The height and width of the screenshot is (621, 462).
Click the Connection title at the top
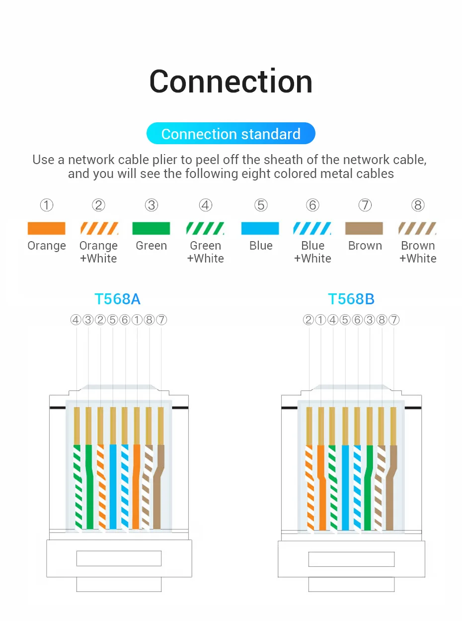coord(231,82)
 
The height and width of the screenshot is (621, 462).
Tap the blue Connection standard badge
coord(231,134)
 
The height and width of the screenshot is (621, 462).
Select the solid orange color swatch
coord(46,228)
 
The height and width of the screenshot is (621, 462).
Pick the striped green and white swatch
coord(205,228)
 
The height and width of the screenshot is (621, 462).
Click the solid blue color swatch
coord(260,228)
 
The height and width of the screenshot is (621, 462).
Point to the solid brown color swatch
coord(364,228)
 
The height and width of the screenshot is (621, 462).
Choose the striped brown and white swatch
coord(417,228)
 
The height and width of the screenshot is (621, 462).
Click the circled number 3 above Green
coord(152,205)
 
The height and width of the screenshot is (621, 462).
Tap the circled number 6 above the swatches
coord(312,205)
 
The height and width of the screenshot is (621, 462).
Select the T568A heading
coord(118,299)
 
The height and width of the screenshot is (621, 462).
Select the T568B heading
coord(351,299)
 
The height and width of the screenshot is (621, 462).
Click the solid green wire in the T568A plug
coord(89,487)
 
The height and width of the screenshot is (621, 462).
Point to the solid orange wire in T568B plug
coord(321,487)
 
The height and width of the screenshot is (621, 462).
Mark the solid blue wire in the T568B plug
coord(346,487)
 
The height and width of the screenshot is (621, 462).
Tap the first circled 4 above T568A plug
coord(76,320)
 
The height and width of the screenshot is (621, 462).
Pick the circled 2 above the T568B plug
coord(308,320)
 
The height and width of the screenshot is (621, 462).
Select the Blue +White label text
coord(312,252)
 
